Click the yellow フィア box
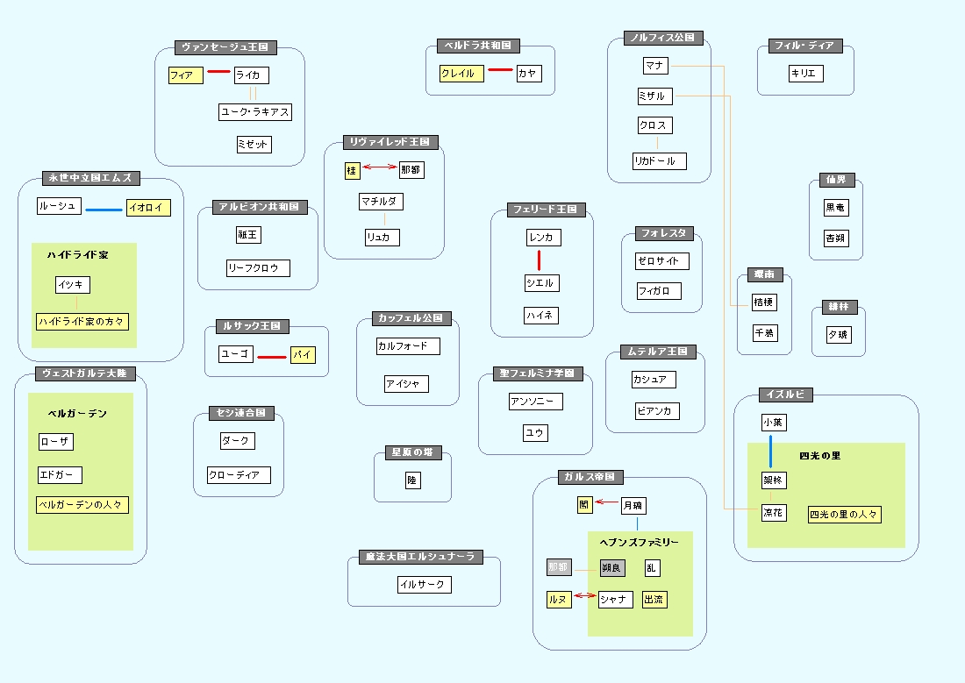point(186,75)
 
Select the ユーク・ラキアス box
point(254,112)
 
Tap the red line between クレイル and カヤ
point(499,69)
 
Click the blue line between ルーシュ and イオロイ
point(104,209)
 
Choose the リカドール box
point(659,161)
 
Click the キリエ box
point(804,74)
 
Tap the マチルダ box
point(381,203)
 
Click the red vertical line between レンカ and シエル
point(539,260)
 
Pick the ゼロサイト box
point(661,261)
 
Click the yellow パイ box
point(303,356)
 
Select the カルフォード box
point(407,346)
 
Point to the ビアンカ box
point(656,411)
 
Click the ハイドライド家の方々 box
point(82,322)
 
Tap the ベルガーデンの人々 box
point(83,505)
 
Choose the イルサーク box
point(423,585)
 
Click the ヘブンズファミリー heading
point(639,543)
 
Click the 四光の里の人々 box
point(844,514)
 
